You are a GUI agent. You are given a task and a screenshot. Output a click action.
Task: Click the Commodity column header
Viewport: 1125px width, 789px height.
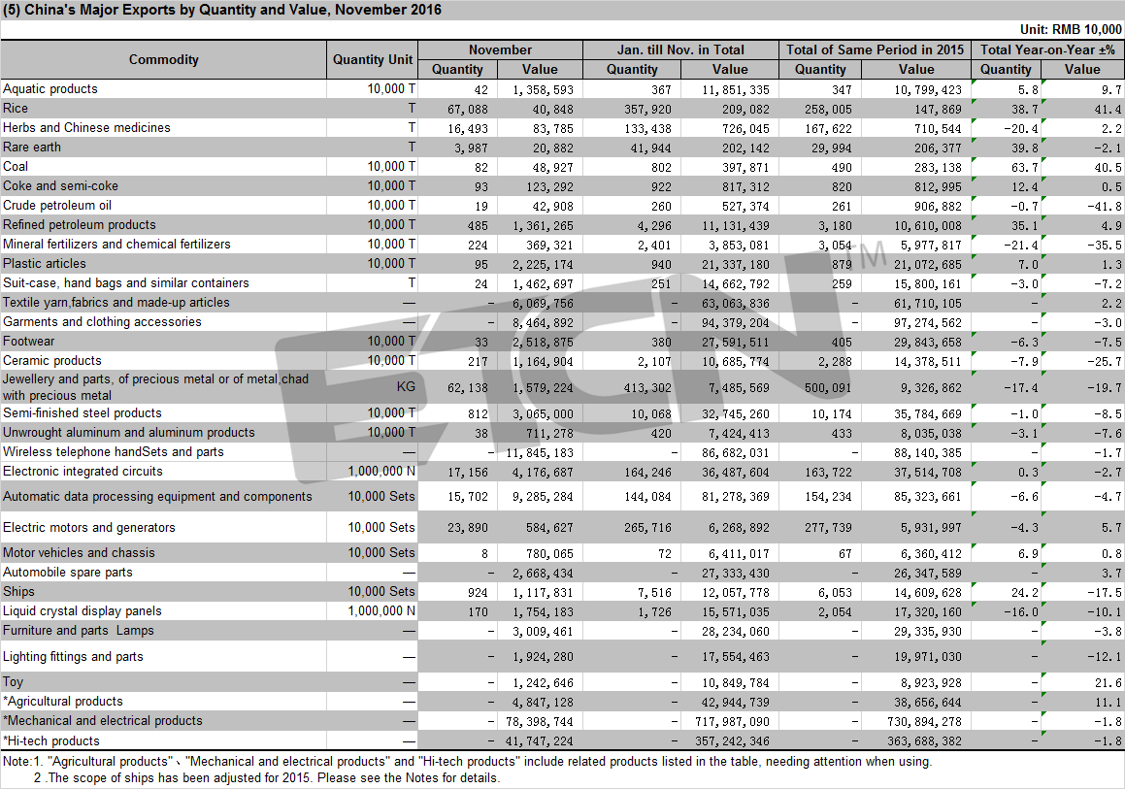164,59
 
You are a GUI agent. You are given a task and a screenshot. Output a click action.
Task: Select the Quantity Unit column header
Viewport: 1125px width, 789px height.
373,59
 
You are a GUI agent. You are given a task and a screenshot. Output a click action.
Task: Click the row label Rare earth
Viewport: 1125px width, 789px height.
32,148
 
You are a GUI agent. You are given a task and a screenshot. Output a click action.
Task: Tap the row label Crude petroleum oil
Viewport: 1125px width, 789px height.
57,205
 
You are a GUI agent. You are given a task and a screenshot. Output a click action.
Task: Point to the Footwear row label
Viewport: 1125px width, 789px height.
29,342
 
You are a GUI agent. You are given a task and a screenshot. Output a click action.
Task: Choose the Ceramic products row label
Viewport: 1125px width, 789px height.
52,361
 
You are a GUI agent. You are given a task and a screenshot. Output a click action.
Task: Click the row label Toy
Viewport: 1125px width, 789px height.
13,682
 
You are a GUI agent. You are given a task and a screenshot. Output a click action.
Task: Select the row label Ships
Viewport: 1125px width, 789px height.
18,592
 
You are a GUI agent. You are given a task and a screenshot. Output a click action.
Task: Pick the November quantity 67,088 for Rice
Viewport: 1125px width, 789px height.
467,109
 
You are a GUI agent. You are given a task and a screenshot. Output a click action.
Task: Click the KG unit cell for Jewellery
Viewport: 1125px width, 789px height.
406,386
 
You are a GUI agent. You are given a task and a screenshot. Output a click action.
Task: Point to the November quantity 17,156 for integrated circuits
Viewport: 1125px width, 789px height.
468,472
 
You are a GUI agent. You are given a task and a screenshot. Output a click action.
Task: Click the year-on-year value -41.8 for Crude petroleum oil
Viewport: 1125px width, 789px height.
1105,206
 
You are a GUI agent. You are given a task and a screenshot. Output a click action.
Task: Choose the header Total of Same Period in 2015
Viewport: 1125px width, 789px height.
876,49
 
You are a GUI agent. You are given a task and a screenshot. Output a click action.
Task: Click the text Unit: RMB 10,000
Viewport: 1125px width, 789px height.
1071,29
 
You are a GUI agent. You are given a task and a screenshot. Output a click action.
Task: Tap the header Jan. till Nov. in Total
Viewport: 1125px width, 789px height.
680,49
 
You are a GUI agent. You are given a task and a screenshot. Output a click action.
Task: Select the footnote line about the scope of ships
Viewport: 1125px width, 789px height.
266,777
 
